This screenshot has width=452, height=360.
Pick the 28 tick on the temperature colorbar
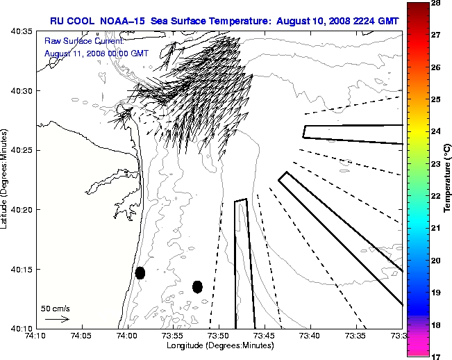[x=438, y=4]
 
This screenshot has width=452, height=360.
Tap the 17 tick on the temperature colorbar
[x=438, y=356]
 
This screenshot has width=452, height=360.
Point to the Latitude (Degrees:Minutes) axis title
[x=6, y=179]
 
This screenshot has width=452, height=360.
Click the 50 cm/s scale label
[x=55, y=308]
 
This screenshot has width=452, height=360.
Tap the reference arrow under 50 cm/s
[x=57, y=319]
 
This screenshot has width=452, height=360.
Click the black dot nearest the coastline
[x=140, y=272]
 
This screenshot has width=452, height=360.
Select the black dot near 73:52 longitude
[x=197, y=286]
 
